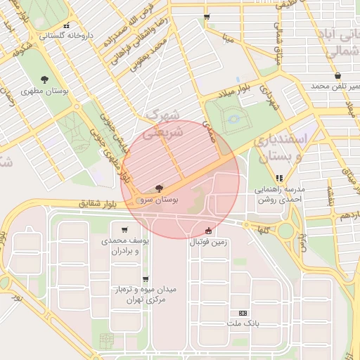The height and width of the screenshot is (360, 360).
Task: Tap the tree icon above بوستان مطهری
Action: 45,79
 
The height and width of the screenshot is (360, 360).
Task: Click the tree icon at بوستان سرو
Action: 160,188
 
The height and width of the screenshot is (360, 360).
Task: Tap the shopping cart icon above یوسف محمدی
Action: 124,229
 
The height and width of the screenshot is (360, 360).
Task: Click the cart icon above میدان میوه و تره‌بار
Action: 146,278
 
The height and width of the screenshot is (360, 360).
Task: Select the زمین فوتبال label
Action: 208,242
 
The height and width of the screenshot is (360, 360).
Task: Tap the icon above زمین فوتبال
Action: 208,230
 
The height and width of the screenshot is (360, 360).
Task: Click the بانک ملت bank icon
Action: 243,312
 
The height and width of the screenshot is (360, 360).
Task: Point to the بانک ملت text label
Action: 243,323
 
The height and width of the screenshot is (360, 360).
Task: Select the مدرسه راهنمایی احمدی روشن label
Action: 281,194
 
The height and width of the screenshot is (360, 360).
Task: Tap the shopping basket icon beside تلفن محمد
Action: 337,75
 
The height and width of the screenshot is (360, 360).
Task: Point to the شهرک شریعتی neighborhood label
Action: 162,123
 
